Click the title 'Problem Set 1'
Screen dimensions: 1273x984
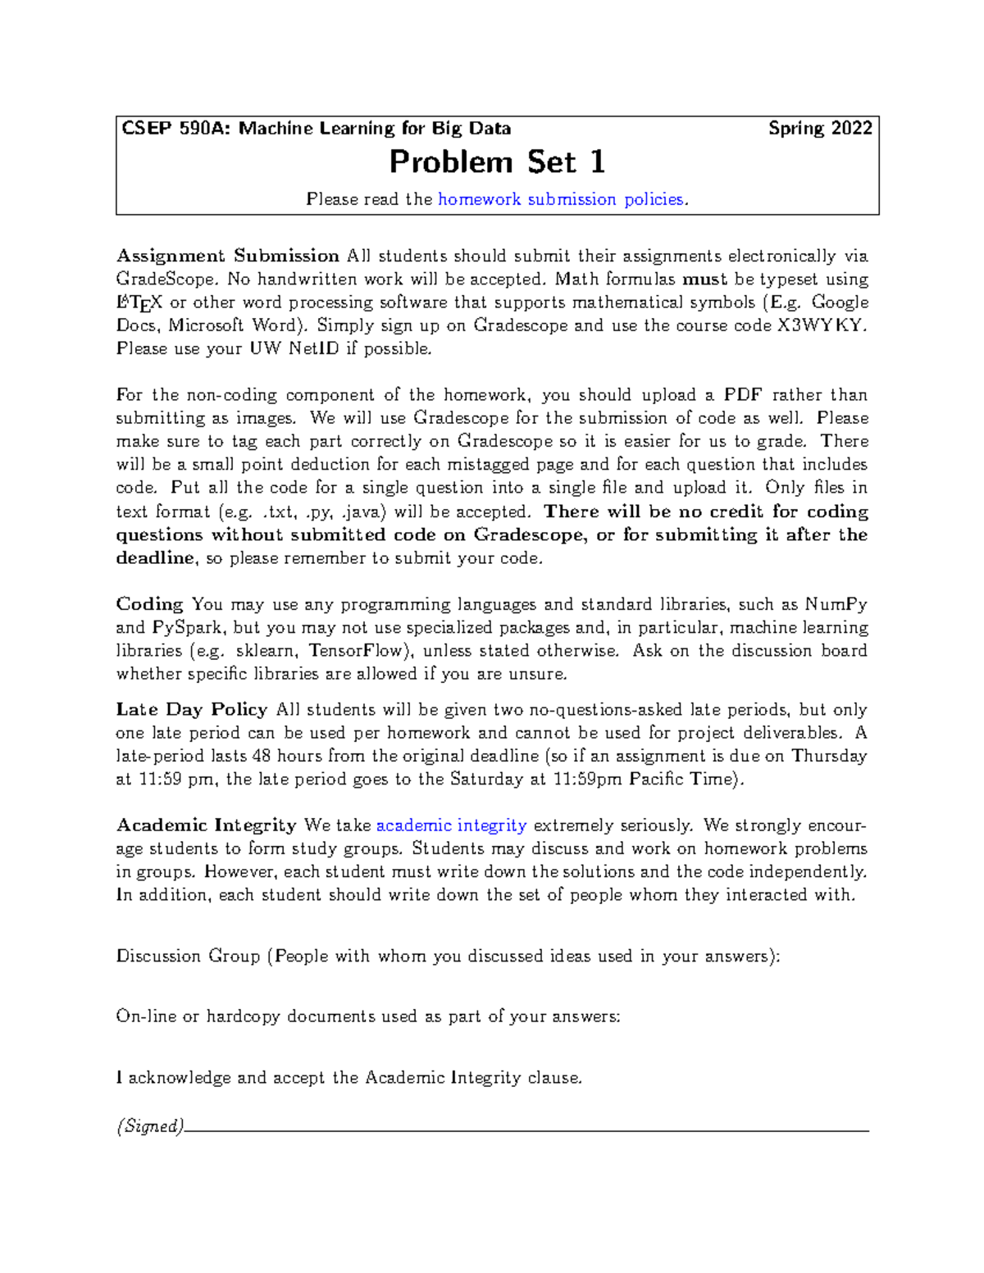pos(497,162)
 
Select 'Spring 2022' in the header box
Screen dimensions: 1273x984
pos(820,129)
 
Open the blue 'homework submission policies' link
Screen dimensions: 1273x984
pos(561,199)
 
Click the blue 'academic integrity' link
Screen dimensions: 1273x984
pos(451,825)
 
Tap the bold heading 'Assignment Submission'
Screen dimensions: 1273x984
pos(228,256)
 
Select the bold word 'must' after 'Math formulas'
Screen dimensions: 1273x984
pos(705,280)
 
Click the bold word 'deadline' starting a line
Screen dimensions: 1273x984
pos(155,558)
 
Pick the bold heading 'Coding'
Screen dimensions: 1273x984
pos(149,604)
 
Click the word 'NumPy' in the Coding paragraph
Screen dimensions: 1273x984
pos(836,604)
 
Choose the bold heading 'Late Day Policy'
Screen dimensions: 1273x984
pos(192,710)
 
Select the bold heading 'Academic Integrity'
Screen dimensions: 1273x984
pos(207,825)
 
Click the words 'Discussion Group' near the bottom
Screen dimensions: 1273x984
pos(188,956)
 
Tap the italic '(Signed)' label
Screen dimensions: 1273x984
pos(150,1126)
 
